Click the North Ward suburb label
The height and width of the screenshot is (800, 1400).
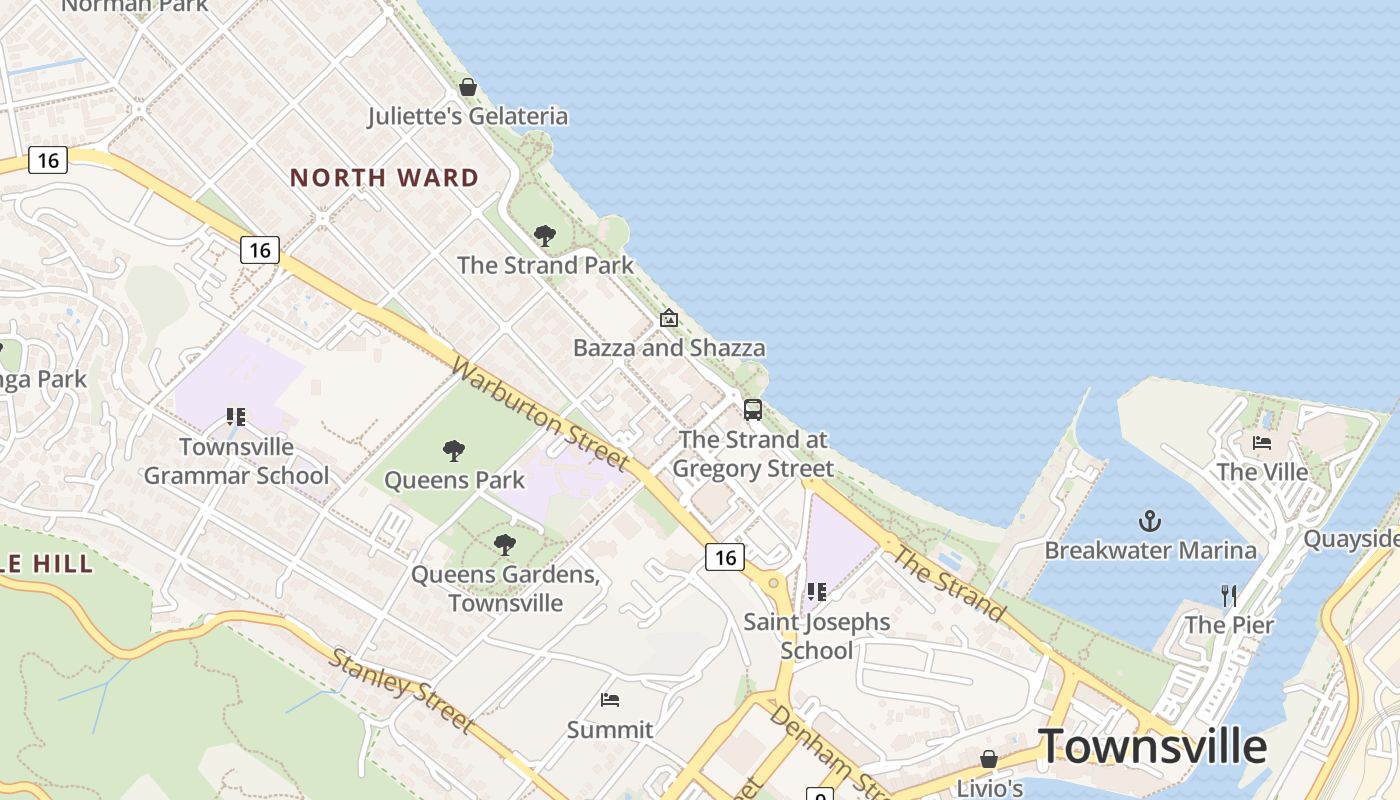pos(384,178)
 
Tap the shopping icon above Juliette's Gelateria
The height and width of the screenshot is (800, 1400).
pos(467,87)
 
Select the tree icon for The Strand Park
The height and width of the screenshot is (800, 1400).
pos(545,236)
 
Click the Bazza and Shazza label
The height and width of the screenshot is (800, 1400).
pos(669,348)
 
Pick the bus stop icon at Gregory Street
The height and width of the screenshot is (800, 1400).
pos(753,409)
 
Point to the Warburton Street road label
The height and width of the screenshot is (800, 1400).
pos(540,414)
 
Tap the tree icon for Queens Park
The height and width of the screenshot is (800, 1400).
pos(454,451)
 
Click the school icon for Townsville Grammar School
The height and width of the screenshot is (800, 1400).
pos(236,417)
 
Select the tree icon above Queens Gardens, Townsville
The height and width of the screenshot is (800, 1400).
pos(505,545)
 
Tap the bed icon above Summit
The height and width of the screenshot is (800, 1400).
pos(610,700)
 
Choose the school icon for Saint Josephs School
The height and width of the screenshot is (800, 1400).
pos(817,592)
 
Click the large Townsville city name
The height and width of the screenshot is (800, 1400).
pos(1152,746)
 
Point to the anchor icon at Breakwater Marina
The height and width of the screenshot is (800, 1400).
pos(1150,521)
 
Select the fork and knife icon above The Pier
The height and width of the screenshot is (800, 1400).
pos(1229,596)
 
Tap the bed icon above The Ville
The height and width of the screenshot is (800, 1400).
pos(1262,442)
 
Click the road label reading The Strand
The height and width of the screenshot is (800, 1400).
pos(949,583)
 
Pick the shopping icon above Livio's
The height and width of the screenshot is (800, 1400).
pos(989,759)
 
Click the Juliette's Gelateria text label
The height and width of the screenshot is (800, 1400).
pos(468,116)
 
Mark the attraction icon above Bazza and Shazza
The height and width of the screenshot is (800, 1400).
pos(669,319)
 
